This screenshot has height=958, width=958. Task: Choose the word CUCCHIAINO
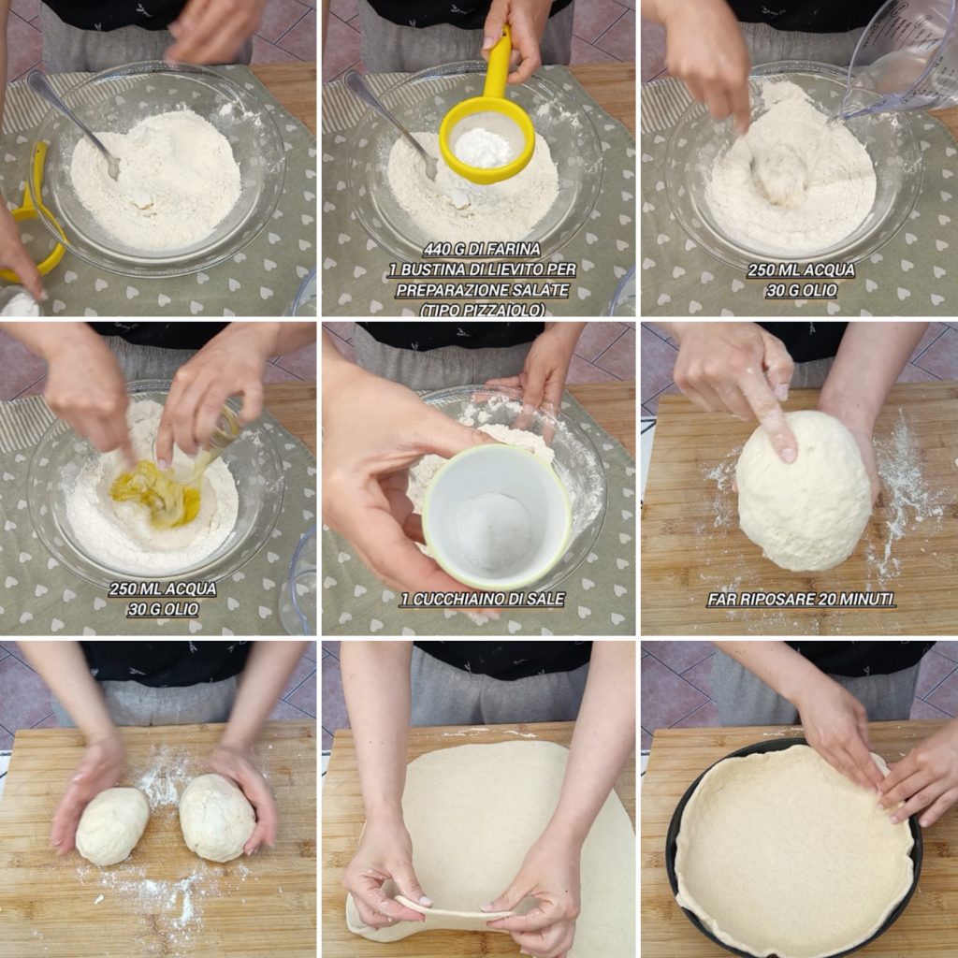pyautogui.click(x=456, y=600)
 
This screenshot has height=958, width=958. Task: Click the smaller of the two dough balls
pyautogui.click(x=112, y=825)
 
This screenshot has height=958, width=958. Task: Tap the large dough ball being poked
pyautogui.click(x=804, y=492)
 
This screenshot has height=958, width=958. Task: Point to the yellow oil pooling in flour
pyautogui.click(x=156, y=494)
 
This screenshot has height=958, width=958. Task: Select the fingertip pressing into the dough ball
pyautogui.click(x=788, y=454)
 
